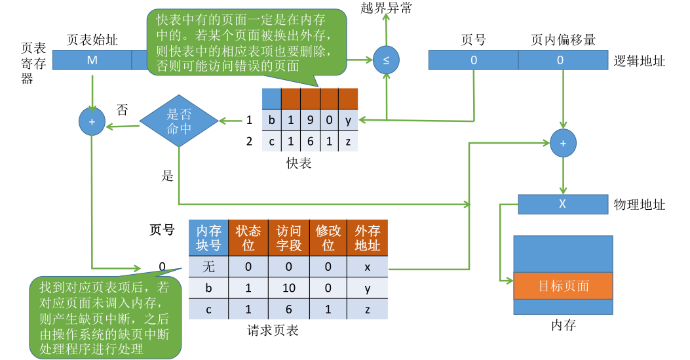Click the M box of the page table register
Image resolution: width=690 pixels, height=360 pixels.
point(91,60)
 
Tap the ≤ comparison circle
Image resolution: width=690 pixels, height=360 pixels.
point(386,60)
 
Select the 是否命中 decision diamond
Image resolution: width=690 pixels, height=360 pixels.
point(179,121)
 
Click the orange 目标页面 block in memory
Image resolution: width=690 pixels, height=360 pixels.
point(563,286)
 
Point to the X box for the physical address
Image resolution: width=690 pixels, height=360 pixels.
point(562,204)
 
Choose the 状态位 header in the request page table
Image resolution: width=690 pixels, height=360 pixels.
point(248,238)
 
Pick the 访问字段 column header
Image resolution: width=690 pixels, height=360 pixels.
point(288,238)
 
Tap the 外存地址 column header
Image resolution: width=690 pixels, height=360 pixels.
point(367,238)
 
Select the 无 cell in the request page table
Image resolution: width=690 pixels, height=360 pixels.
point(208,267)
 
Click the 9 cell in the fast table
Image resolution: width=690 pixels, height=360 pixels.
point(310,121)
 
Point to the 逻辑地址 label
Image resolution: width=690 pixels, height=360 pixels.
point(639,61)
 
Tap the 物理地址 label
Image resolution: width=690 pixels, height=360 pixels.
point(639,205)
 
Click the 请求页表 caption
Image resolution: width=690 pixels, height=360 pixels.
point(273,330)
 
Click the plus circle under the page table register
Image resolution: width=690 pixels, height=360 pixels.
point(92,121)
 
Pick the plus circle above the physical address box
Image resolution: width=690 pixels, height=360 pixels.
point(562,142)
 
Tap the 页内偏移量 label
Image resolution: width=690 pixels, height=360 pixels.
point(563,40)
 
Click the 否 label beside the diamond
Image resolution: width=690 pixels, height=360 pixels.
point(122,109)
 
